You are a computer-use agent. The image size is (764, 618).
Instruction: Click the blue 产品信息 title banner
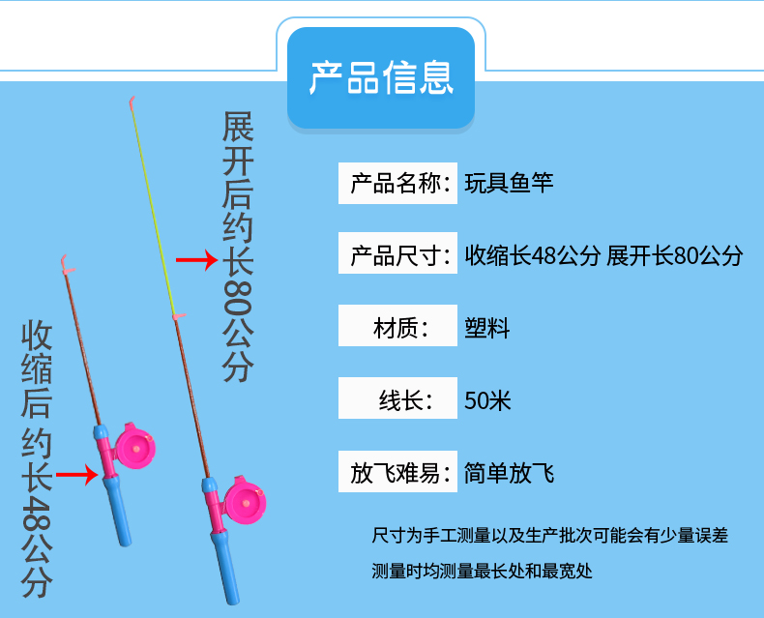pos(381,78)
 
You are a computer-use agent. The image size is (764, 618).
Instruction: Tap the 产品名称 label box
pos(397,183)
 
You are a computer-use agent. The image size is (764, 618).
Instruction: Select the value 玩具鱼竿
pos(509,183)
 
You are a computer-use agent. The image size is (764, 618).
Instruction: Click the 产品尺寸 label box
pos(397,253)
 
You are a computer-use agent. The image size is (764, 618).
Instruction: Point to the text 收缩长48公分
pos(532,255)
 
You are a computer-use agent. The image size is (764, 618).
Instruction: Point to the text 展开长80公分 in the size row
pos(675,255)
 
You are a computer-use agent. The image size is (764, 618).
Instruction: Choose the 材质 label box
pos(397,326)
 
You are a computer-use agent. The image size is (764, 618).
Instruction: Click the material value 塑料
pos(486,328)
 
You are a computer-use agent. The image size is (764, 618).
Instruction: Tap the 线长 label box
pos(397,397)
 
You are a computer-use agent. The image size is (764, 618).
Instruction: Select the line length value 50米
pos(487,400)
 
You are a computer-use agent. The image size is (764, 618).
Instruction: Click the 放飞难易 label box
pos(397,471)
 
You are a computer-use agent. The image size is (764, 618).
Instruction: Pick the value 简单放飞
pos(509,473)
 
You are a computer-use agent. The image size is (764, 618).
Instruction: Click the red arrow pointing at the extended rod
pos(197,260)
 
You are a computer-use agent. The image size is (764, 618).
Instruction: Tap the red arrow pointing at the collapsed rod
pos(77,475)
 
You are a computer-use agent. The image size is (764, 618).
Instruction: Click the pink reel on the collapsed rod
pos(135,447)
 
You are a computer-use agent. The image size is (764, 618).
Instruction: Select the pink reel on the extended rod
pos(245,501)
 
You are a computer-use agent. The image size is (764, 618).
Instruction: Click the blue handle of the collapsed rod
pos(117,511)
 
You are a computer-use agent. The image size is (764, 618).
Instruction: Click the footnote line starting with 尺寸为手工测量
pos(549,535)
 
